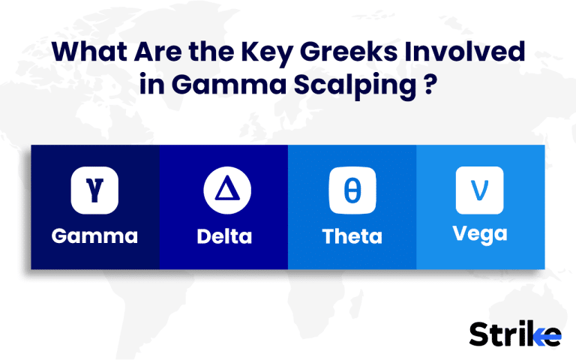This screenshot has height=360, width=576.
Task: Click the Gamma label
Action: pyautogui.click(x=94, y=237)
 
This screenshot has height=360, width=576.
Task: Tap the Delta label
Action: pyautogui.click(x=223, y=237)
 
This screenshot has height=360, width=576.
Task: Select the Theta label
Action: pyautogui.click(x=352, y=237)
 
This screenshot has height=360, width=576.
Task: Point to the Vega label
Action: pyautogui.click(x=480, y=233)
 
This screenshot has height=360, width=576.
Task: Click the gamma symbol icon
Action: pyautogui.click(x=94, y=191)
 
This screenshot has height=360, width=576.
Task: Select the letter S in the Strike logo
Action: pyautogui.click(x=479, y=334)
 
